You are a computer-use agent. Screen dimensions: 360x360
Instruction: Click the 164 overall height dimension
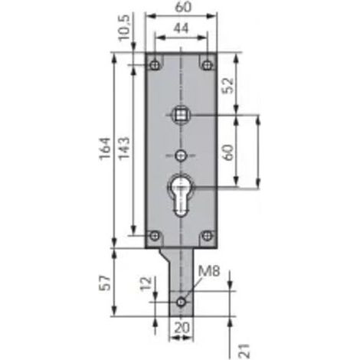point(106,149)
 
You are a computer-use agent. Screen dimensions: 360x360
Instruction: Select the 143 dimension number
point(125,149)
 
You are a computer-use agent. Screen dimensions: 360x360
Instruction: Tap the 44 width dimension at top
point(181,28)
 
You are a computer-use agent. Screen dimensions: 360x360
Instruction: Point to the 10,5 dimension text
point(125,28)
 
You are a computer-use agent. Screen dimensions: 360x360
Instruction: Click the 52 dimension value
point(228,85)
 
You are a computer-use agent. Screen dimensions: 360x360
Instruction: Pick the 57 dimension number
point(106,283)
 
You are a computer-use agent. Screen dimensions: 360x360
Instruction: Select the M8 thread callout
point(209,271)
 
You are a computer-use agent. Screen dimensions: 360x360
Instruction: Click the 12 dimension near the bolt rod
point(146,283)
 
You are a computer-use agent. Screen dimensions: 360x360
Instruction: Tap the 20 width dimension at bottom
point(182,327)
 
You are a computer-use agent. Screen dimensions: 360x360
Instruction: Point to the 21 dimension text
point(244,351)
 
